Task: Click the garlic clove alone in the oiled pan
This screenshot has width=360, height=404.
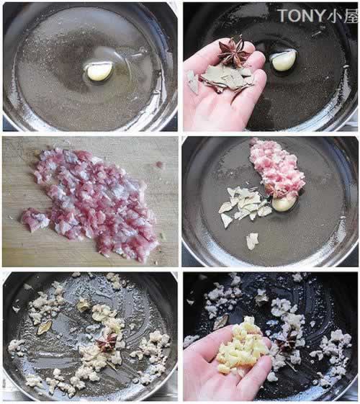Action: pos(100,72)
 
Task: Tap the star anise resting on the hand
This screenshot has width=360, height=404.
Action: pos(234,51)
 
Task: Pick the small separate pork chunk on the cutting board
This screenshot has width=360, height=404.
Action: pos(35,220)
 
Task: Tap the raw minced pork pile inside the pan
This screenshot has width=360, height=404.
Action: pos(276,168)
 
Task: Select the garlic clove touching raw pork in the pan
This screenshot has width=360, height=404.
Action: pos(284,203)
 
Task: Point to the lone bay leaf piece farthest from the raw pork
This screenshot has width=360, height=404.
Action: pos(252,241)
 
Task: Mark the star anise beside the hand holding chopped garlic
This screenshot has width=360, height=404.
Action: pos(287,340)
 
